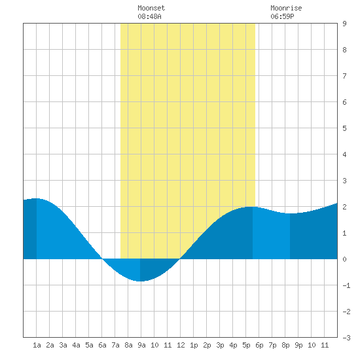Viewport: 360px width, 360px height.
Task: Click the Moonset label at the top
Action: pyautogui.click(x=151, y=8)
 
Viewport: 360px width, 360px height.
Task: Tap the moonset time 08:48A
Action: pyautogui.click(x=149, y=16)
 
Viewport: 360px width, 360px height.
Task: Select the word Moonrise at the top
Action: pyautogui.click(x=286, y=8)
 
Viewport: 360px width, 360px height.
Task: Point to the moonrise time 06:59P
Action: pyautogui.click(x=282, y=16)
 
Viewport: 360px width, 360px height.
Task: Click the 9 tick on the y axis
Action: pyautogui.click(x=344, y=24)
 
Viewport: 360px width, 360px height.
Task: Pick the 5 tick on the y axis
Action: pyautogui.click(x=344, y=128)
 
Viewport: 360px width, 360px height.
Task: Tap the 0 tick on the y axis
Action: pyautogui.click(x=344, y=259)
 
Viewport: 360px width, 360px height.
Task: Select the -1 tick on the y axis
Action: pyautogui.click(x=346, y=285)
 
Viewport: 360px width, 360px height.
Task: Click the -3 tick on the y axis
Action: pyautogui.click(x=346, y=338)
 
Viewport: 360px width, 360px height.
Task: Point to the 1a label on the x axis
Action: pyautogui.click(x=37, y=345)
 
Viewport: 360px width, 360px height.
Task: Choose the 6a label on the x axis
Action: pyautogui.click(x=102, y=345)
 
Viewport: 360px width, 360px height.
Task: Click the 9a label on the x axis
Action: pyautogui.click(x=141, y=345)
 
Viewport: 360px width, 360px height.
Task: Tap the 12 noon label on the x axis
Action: pyautogui.click(x=181, y=345)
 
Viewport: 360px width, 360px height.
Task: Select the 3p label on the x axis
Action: pyautogui.click(x=220, y=345)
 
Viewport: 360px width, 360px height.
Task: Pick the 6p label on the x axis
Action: pyautogui.click(x=259, y=345)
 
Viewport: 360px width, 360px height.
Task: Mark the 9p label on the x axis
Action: pyautogui.click(x=298, y=345)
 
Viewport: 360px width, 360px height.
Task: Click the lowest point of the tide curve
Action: pyautogui.click(x=141, y=281)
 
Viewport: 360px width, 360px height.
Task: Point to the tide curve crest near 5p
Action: pyautogui.click(x=250, y=207)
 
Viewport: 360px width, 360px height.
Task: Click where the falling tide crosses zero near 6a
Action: pyautogui.click(x=102, y=259)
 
